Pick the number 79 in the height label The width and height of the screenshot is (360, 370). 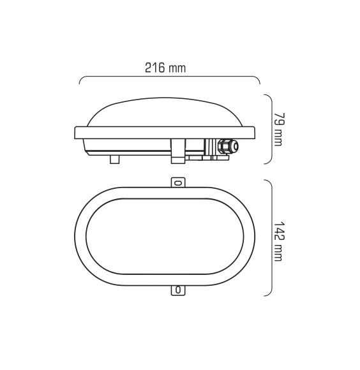coord(277,119)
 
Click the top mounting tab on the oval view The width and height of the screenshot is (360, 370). coord(178,182)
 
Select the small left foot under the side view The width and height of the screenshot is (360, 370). coord(114,158)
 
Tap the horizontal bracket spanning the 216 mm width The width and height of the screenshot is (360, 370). coord(169,79)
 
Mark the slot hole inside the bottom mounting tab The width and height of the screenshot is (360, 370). coord(178,290)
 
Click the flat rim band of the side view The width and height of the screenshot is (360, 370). coord(166,133)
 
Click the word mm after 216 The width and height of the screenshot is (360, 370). coord(178,68)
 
